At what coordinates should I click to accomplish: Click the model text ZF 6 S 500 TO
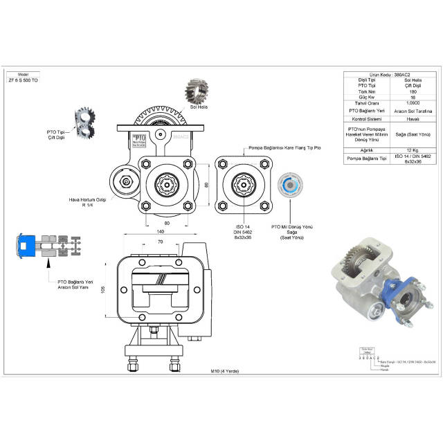point(23,81)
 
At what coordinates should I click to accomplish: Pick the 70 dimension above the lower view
point(160,242)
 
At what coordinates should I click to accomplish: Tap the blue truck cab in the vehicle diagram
point(26,245)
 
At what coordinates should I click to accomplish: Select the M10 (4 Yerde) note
point(226,370)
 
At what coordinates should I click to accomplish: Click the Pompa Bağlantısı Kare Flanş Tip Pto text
point(262,147)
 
